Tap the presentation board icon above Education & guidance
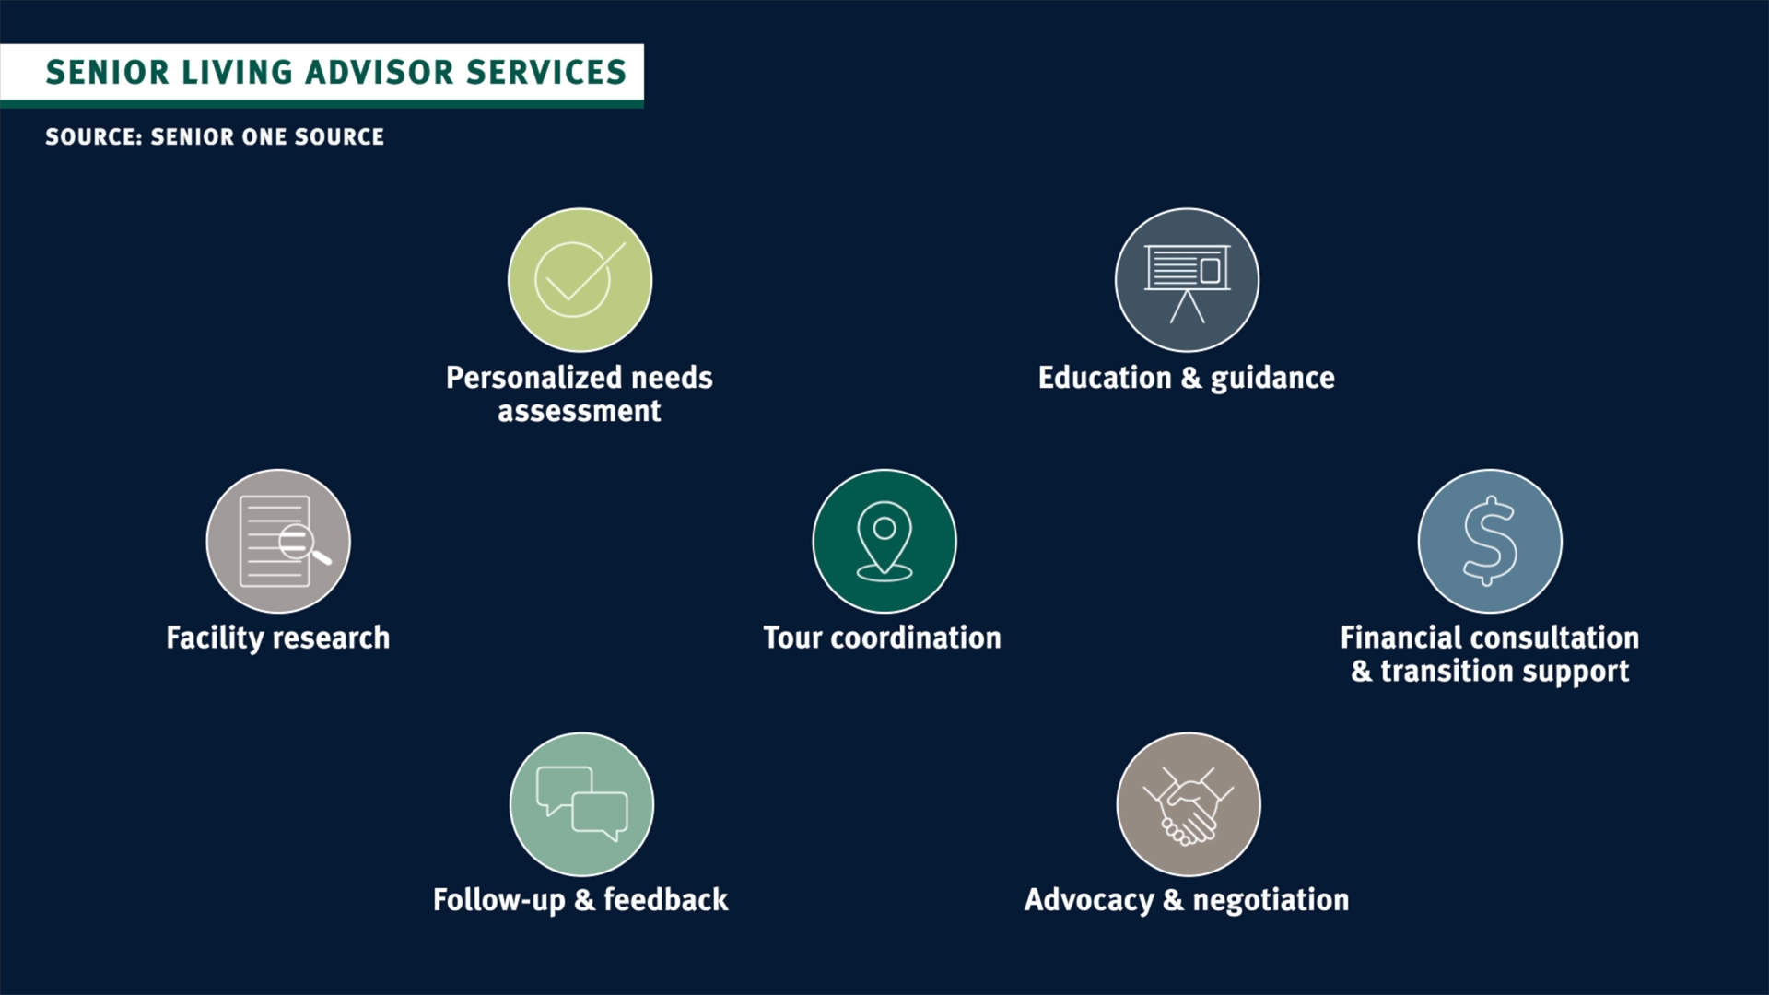tap(1187, 282)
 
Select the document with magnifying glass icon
tap(281, 542)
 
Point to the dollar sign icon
tap(1490, 541)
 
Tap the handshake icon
tap(1189, 805)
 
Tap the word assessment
tap(580, 412)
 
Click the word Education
tap(1105, 378)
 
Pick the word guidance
tap(1272, 379)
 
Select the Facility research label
tap(278, 638)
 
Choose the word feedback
tap(665, 899)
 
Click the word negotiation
tap(1271, 900)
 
